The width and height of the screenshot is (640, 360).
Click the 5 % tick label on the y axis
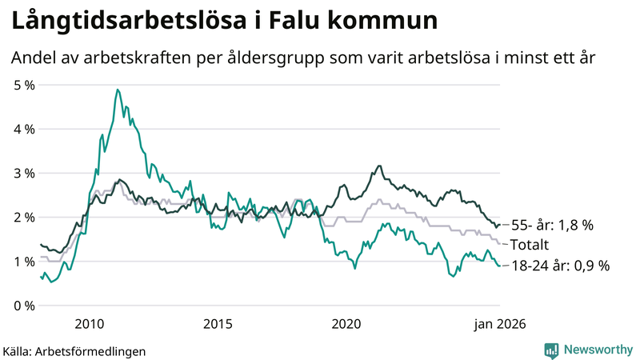[24, 84]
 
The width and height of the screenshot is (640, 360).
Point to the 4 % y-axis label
[24, 129]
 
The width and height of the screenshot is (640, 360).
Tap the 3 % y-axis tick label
[24, 173]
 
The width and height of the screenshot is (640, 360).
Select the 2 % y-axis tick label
[24, 218]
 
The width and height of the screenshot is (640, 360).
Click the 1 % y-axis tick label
[24, 262]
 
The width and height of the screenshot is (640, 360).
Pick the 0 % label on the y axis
[24, 306]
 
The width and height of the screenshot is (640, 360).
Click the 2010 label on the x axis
[89, 324]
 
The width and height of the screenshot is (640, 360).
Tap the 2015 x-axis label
[218, 324]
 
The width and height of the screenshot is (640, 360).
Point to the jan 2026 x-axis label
[500, 324]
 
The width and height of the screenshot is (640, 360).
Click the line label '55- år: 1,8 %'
[552, 226]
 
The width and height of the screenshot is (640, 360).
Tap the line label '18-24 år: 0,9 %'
[560, 266]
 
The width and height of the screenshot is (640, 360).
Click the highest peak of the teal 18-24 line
[118, 90]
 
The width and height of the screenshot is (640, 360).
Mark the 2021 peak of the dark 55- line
[378, 166]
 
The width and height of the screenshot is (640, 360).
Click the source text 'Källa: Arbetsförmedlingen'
[75, 350]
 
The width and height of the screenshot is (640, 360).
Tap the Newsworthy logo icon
[551, 350]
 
